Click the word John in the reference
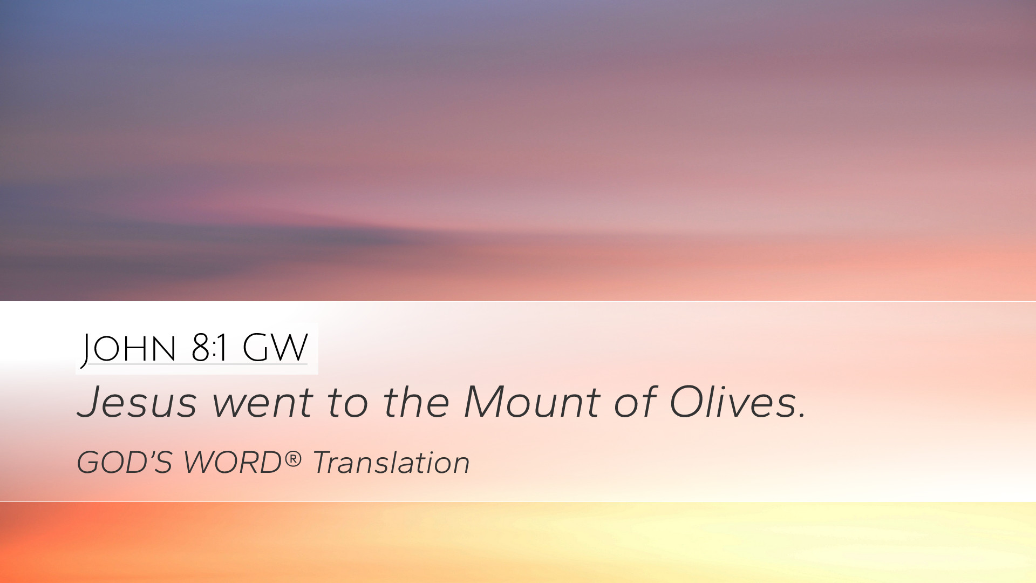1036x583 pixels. [128, 349]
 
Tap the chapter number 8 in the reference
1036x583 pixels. [201, 348]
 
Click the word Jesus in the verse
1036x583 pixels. [138, 402]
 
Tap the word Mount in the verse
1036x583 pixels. [531, 402]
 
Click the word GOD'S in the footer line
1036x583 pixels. [125, 463]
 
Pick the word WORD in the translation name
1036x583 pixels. [233, 463]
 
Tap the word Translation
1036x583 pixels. [391, 463]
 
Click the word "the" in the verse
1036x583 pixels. [416, 402]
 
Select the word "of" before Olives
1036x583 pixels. [635, 402]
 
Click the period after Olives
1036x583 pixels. [802, 416]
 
